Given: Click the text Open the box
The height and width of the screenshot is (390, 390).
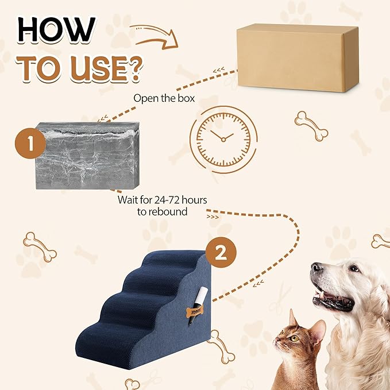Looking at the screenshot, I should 164,98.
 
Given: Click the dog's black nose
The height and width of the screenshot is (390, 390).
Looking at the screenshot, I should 317,268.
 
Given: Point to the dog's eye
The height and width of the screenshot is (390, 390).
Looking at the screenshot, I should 353,269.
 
